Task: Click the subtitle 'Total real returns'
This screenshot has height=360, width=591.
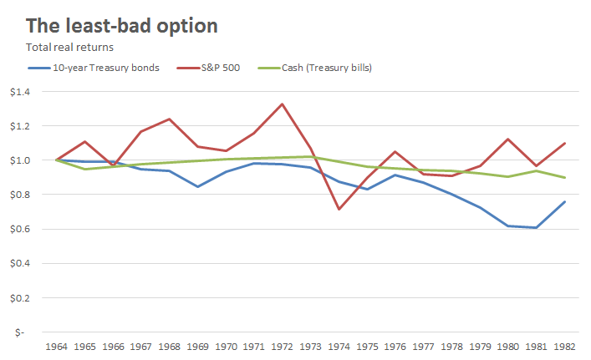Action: pos(71,47)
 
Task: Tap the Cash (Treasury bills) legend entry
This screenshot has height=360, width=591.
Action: pos(326,67)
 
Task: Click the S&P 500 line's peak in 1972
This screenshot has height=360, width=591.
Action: pos(283,104)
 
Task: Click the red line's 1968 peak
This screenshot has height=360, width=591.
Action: pos(169,119)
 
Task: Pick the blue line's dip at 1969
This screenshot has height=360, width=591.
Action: pos(197,186)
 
